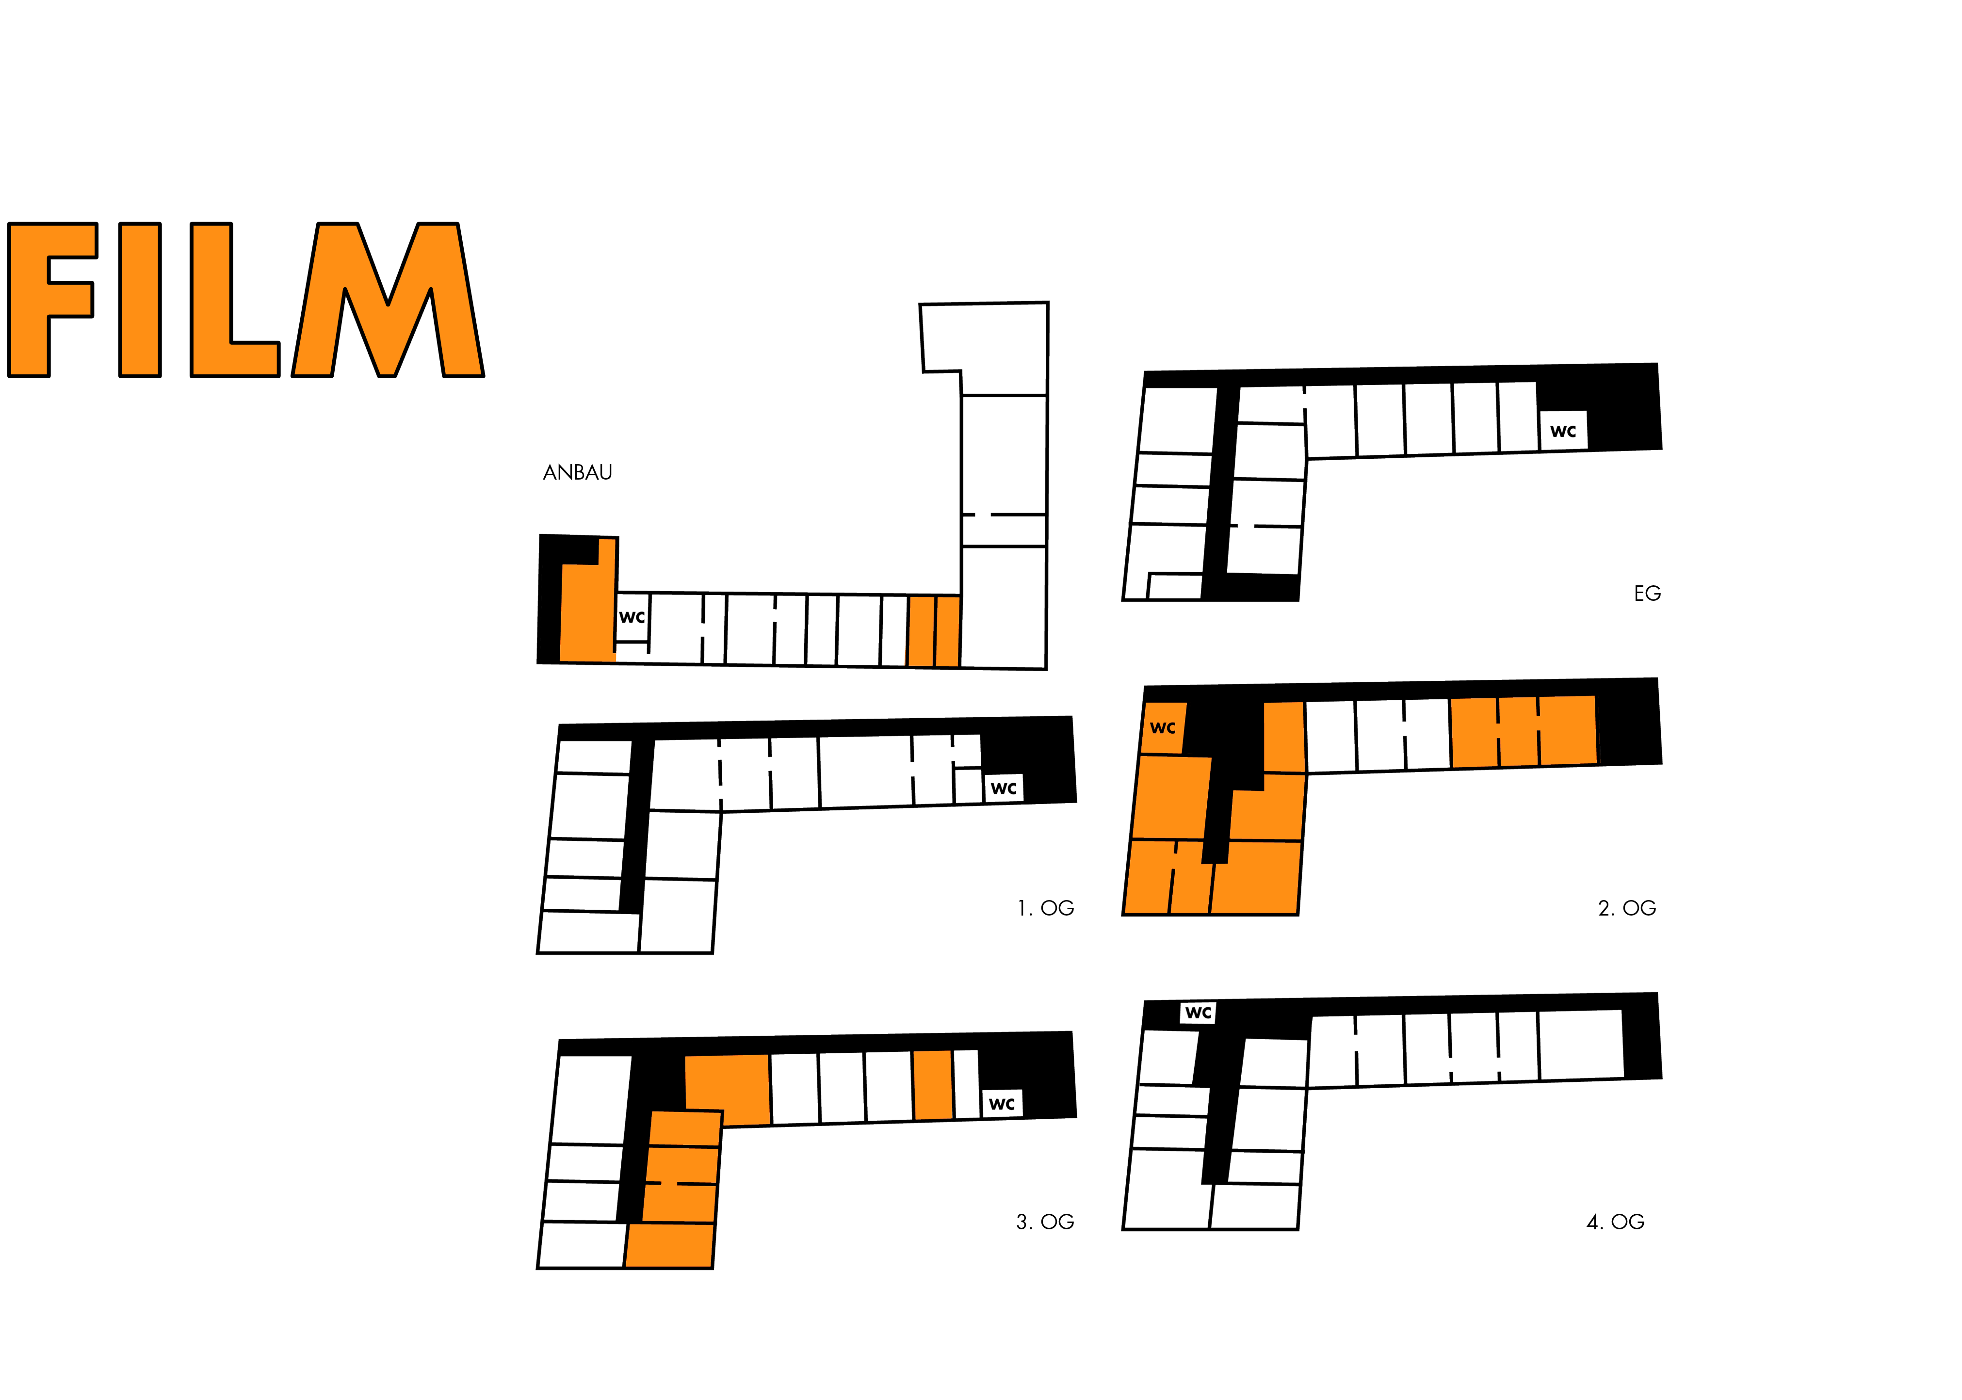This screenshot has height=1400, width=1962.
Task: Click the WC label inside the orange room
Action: coord(1162,727)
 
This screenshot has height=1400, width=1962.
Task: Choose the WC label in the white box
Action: coord(1198,1013)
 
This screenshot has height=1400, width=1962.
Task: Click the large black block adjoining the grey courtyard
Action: coord(633,397)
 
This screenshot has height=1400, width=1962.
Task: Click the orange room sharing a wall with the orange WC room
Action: coord(1170,797)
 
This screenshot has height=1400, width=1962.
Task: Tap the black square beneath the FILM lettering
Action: coord(254,552)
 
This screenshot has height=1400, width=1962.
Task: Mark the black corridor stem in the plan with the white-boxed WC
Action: coord(1220,1103)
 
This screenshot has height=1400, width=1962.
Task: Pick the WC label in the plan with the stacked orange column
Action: coord(1000,1103)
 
